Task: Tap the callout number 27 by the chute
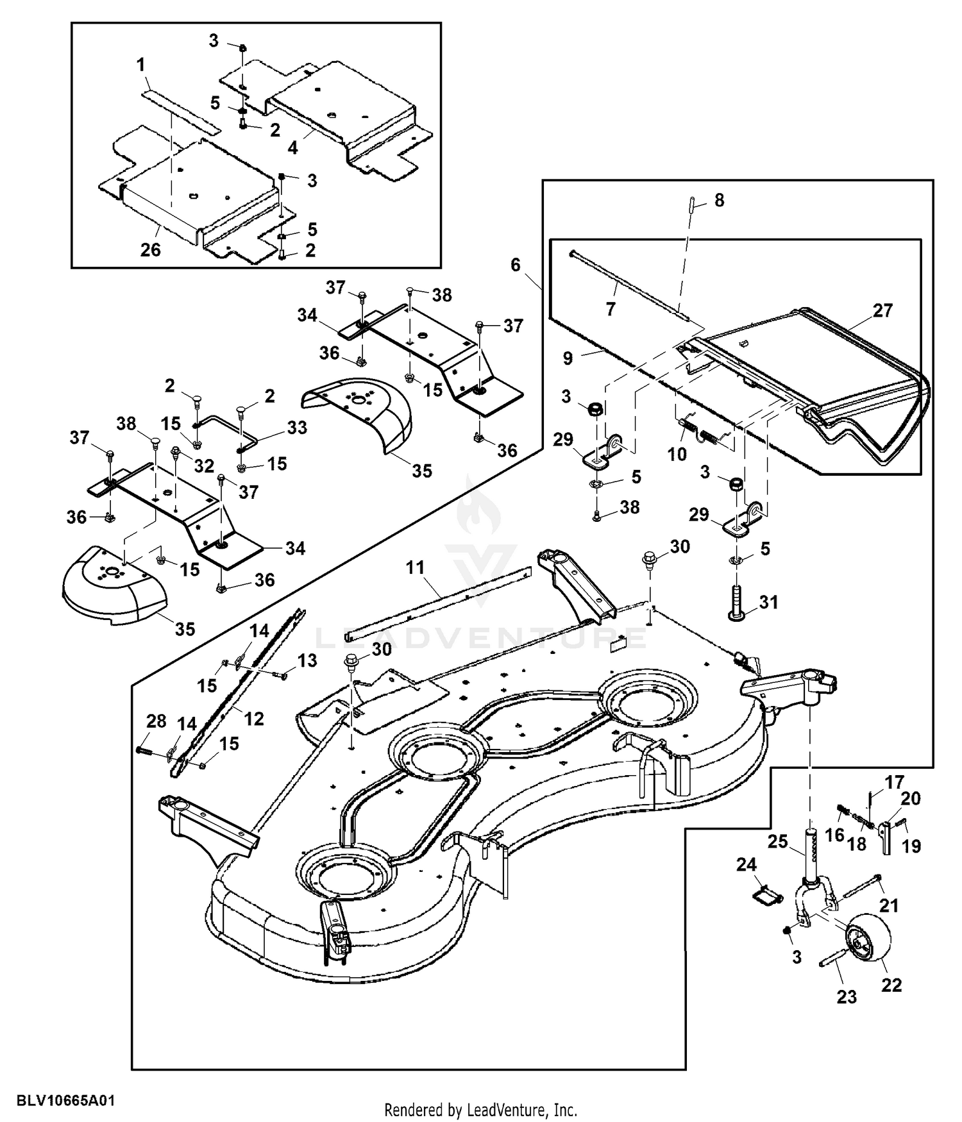click(882, 310)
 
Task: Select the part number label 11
click(416, 568)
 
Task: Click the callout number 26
click(151, 249)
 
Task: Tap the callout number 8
click(719, 201)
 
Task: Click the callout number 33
click(297, 428)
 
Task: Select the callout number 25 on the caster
click(778, 841)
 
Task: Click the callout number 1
click(140, 65)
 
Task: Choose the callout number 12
click(254, 719)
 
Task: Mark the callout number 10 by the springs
click(677, 455)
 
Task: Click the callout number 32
click(204, 466)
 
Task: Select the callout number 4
click(292, 147)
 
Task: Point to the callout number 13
click(307, 660)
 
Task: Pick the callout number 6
click(516, 265)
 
